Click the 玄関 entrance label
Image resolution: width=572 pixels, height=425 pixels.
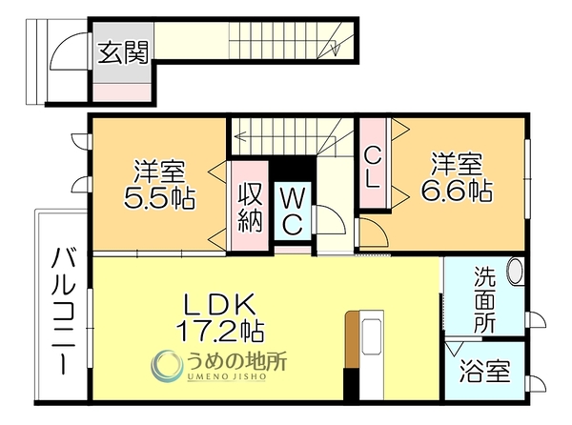pyautogui.click(x=123, y=52)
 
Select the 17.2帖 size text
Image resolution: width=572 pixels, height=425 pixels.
pyautogui.click(x=220, y=331)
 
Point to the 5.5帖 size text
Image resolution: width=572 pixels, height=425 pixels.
pyautogui.click(x=159, y=198)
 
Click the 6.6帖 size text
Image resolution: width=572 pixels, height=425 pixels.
pyautogui.click(x=457, y=190)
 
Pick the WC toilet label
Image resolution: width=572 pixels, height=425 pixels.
pyautogui.click(x=293, y=212)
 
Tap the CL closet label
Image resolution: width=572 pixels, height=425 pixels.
pyautogui.click(x=373, y=169)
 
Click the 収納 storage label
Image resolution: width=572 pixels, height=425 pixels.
pyautogui.click(x=250, y=208)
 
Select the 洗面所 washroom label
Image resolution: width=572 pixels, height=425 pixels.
pyautogui.click(x=485, y=299)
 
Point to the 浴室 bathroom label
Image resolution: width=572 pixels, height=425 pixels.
pyautogui.click(x=484, y=371)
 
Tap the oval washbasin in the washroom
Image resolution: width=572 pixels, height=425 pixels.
pyautogui.click(x=515, y=271)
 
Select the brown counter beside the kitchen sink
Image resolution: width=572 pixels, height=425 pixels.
pyautogui.click(x=352, y=339)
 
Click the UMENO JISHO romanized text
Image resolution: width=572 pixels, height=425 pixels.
pyautogui.click(x=227, y=377)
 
